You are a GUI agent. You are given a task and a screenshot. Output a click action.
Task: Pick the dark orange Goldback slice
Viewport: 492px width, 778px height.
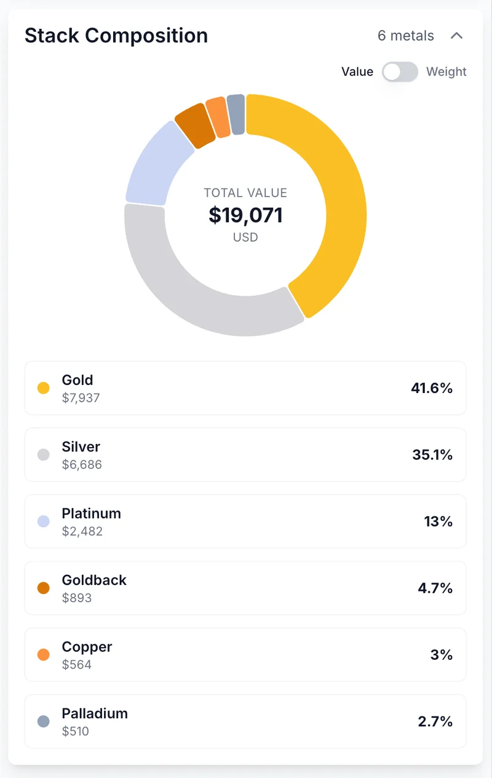click(x=194, y=125)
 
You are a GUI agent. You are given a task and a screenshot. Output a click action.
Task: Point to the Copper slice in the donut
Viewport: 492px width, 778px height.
click(x=218, y=116)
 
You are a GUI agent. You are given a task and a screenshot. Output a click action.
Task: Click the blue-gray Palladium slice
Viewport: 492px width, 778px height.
click(x=236, y=114)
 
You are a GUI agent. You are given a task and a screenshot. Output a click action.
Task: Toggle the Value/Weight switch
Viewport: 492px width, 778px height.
click(x=400, y=72)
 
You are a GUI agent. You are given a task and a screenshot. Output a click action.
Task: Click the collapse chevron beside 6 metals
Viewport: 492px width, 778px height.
click(x=456, y=36)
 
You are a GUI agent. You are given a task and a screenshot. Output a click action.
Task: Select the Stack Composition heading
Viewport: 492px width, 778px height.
click(x=116, y=36)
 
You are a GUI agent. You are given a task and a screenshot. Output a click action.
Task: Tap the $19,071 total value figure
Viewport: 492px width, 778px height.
click(x=245, y=215)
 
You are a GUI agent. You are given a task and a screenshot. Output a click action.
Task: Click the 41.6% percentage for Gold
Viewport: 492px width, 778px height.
click(x=432, y=388)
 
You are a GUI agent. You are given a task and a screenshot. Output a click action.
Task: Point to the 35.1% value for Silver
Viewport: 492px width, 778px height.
click(x=432, y=454)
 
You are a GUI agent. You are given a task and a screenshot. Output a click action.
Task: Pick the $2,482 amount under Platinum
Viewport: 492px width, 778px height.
click(x=82, y=531)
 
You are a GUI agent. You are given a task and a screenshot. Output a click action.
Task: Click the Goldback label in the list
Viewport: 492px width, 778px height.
click(x=94, y=580)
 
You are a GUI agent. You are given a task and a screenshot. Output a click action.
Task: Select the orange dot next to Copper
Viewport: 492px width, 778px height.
click(x=44, y=654)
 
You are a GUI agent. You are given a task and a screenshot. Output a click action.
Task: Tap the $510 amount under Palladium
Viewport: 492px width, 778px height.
click(x=76, y=731)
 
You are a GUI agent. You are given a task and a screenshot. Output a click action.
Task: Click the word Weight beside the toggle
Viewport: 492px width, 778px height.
click(x=446, y=72)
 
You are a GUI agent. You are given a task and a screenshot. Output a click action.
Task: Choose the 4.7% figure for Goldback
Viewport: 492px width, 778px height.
click(x=435, y=588)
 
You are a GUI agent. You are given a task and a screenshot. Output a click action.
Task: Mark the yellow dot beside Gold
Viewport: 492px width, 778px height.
click(x=44, y=388)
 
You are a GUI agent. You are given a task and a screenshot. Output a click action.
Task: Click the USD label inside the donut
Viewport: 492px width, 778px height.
click(x=245, y=237)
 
